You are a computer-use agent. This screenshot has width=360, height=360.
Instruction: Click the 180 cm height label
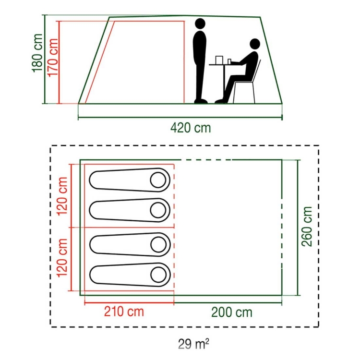38,53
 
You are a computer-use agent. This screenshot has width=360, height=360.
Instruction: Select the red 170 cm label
52,58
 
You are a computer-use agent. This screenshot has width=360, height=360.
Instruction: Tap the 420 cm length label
191,128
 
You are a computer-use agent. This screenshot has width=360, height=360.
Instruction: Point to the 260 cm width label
307,227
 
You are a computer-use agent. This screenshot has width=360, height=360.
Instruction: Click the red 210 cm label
124,312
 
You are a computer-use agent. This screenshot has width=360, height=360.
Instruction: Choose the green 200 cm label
232,312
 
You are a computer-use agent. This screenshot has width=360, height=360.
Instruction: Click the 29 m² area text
193,344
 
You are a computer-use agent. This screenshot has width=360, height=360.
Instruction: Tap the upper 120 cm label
62,196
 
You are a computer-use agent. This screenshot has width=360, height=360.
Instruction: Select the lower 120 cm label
62,258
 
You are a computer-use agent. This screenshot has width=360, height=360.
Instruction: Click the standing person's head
200,24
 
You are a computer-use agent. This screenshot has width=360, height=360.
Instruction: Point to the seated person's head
254,44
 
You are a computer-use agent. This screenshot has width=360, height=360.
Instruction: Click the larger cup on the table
219,60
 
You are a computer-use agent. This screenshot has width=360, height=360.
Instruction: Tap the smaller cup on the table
229,61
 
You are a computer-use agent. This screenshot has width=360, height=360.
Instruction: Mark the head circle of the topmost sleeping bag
158,180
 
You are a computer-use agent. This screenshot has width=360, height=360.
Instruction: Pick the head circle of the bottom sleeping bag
158,275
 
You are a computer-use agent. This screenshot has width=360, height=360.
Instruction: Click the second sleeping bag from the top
130,210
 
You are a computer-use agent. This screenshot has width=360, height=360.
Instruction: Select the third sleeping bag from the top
130,244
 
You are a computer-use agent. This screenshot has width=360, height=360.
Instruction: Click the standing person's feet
201,101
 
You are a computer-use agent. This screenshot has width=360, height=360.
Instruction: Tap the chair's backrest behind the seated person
257,71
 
